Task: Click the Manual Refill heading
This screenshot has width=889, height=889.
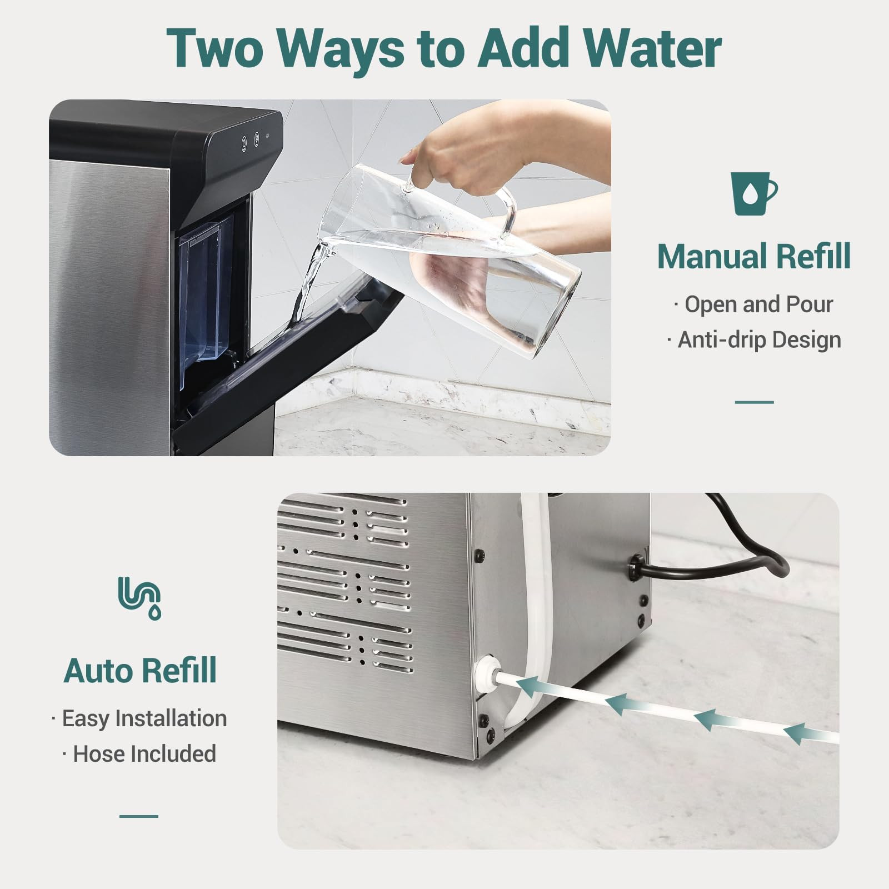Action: point(753,256)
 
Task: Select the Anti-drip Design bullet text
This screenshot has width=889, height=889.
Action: point(755,340)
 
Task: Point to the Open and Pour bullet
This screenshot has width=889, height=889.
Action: point(755,304)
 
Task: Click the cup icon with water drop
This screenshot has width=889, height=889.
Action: point(753,193)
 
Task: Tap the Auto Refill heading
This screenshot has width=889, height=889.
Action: point(140,670)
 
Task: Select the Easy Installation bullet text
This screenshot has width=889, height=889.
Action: point(139,718)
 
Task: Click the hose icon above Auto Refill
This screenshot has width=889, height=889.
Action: point(140,598)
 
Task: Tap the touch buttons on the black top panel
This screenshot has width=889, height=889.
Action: point(250,142)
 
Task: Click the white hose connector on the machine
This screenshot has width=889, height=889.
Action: point(486,672)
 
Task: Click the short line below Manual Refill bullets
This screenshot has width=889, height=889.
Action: point(754,402)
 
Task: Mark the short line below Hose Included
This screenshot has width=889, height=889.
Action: point(139,816)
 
